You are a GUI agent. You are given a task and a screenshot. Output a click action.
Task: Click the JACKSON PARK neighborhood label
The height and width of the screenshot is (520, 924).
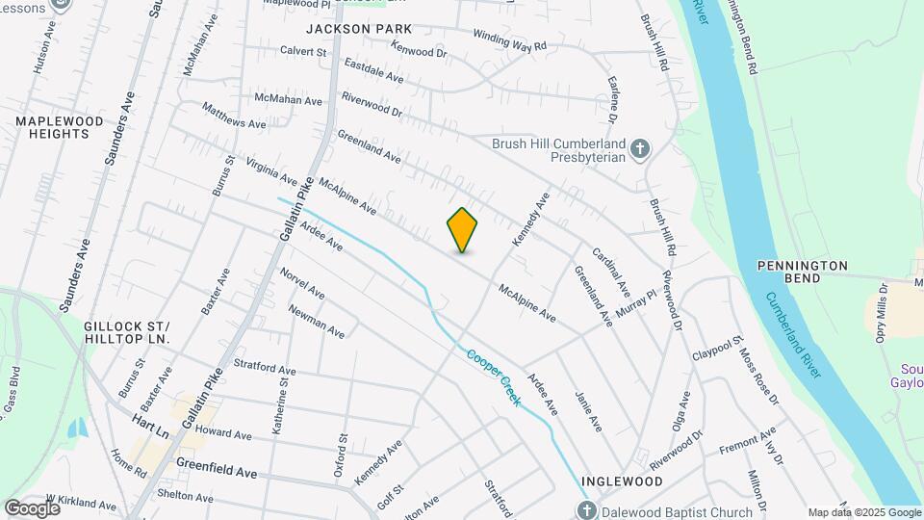(352, 30)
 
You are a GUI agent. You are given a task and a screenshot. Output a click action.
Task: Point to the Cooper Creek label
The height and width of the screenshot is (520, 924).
(493, 377)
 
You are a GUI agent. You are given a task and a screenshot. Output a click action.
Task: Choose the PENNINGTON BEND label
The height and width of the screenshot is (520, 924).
(802, 272)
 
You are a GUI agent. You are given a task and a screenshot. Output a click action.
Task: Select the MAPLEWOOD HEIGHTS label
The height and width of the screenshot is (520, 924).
(53, 127)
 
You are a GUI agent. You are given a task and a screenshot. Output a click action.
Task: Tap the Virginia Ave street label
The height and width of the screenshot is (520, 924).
(271, 170)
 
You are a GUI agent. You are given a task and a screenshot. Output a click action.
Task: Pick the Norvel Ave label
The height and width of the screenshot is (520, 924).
(302, 283)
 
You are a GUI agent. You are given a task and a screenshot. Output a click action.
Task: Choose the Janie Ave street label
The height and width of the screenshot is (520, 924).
(587, 409)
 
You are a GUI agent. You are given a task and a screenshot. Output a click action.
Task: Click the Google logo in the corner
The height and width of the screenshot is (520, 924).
(32, 508)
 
